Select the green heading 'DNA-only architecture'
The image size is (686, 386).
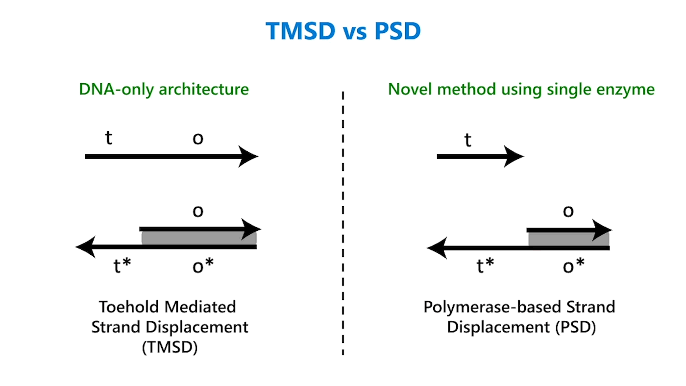coord(164,89)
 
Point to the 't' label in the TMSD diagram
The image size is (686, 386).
coord(109,138)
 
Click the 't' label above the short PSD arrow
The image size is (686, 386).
coord(468,141)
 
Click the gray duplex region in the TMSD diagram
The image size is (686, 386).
coord(198,238)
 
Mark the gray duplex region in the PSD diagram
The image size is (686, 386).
coord(568,239)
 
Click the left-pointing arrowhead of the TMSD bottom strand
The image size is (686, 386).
coord(84,247)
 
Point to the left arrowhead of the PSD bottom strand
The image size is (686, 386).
coord(436,248)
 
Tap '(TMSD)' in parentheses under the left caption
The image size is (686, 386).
coord(170,348)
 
